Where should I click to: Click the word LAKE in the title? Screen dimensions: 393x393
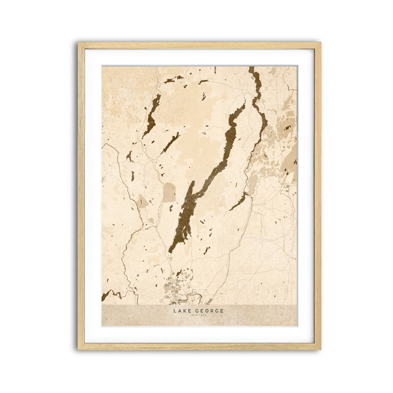[181, 310]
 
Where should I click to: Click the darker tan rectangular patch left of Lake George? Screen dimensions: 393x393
[169, 192]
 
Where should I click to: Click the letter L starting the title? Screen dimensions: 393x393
[175, 310]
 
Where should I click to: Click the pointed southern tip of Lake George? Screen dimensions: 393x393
[170, 252]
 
